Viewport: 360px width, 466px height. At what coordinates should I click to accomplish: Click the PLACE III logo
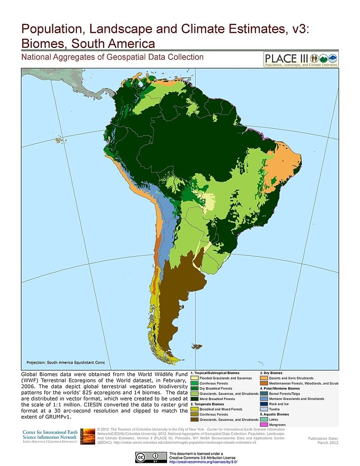point(301,60)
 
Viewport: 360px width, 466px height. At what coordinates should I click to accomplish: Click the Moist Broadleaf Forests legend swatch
point(195,399)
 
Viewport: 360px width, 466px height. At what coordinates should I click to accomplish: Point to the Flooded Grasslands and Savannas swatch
point(195,378)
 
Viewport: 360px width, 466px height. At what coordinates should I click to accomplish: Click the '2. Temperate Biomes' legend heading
point(207,404)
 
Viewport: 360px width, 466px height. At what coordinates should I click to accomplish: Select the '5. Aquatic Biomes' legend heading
point(274,414)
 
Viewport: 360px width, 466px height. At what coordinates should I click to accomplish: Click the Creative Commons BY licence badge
point(150,456)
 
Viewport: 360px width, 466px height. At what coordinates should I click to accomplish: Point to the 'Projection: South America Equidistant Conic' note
point(66,362)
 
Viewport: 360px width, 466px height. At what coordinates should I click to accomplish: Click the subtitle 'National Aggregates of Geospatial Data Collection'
point(112,57)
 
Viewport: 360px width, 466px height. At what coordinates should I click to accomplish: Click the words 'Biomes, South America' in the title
point(88,44)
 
